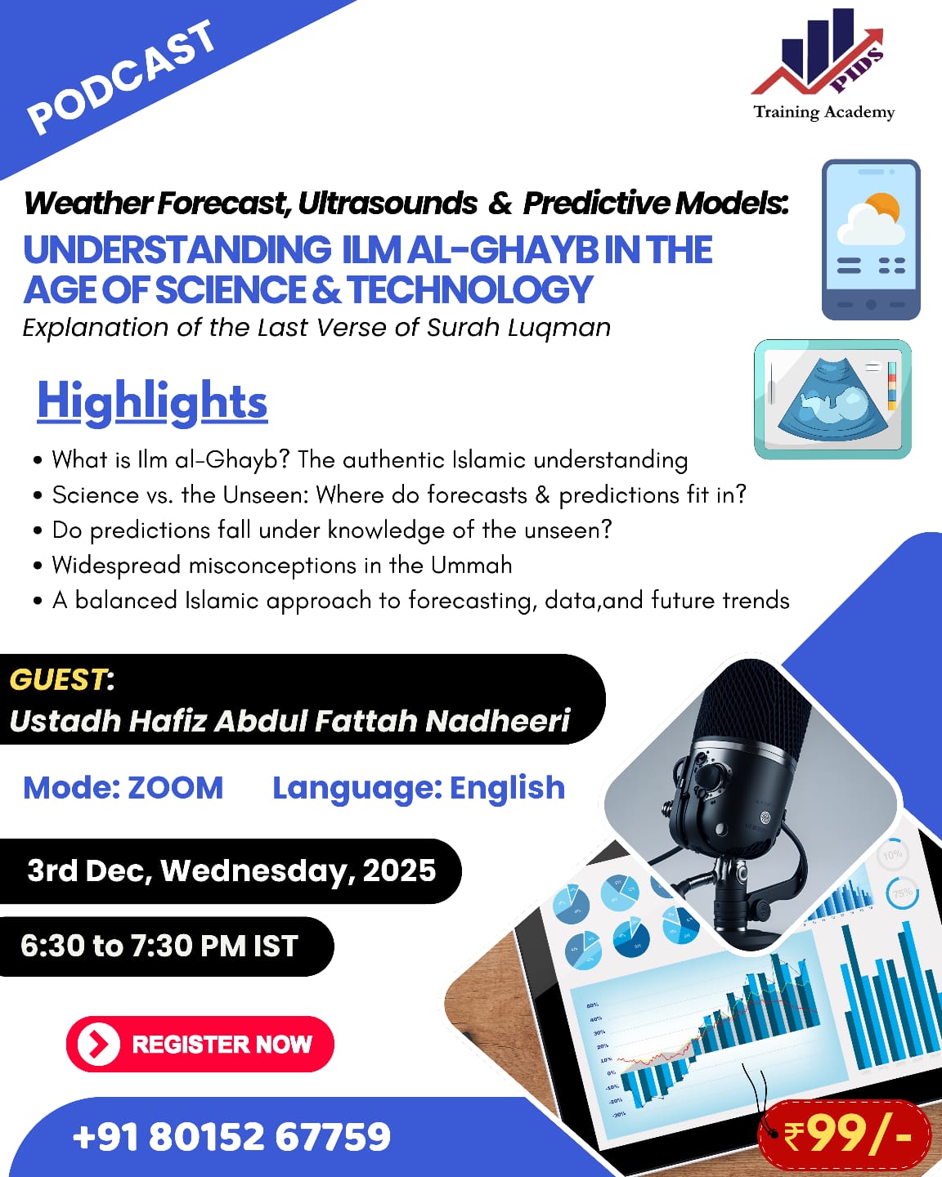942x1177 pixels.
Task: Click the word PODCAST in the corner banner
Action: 121,77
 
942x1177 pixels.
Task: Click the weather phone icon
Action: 871,239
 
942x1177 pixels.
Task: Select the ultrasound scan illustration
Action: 832,399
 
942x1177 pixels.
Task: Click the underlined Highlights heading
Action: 152,401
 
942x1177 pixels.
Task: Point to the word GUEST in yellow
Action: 57,679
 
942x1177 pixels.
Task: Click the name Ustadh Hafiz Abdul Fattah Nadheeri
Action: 289,721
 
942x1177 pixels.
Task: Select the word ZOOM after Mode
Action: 175,788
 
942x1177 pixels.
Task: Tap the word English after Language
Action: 507,788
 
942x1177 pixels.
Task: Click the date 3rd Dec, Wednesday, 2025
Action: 231,870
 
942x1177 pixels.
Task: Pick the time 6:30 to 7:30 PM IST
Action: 159,946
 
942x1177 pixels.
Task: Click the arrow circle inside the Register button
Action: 98,1044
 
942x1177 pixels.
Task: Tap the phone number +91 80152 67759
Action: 231,1136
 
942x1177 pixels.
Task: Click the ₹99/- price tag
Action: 846,1134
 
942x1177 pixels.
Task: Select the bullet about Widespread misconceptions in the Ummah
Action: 282,565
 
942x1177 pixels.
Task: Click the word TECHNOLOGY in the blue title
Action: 469,290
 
